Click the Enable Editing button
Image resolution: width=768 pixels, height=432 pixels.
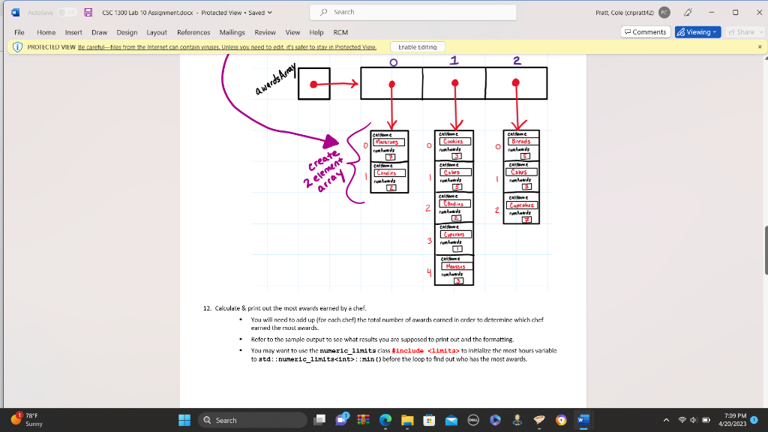[418, 46]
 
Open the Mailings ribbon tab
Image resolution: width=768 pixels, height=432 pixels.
[232, 32]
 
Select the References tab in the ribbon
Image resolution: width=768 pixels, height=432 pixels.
[193, 32]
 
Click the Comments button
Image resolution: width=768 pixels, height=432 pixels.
[645, 32]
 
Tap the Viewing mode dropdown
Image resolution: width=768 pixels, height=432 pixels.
[697, 32]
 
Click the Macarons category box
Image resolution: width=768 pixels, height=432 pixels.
[388, 141]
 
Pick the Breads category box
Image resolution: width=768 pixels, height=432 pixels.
[520, 141]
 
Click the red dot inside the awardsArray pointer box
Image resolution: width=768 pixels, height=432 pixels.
[313, 82]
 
